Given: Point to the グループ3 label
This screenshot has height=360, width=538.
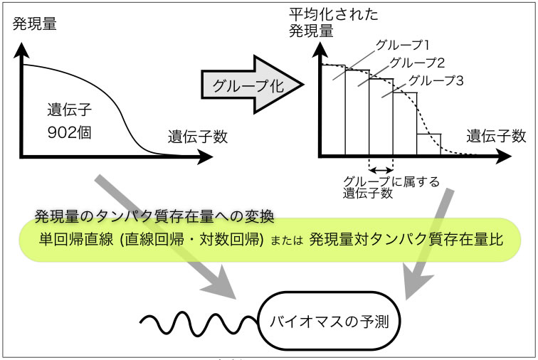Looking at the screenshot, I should [x=437, y=81].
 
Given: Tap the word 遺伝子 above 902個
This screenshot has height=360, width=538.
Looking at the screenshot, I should [x=70, y=110].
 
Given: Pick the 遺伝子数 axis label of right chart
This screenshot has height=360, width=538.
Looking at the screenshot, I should [x=497, y=135].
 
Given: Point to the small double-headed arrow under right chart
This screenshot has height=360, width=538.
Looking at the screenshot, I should [x=381, y=169].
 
